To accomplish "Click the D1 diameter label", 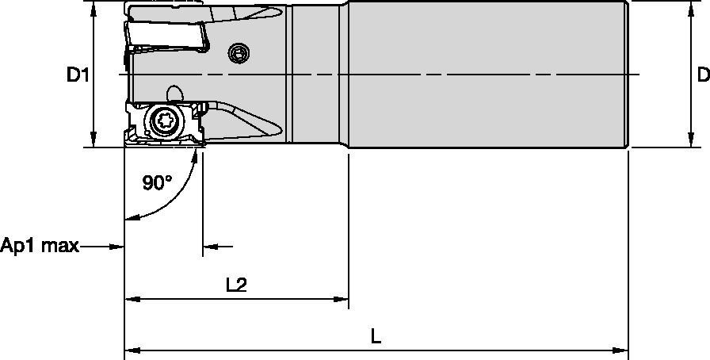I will (x=77, y=75).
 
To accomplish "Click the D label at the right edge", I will (x=702, y=75).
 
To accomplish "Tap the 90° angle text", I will (x=157, y=183).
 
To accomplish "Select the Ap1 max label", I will (x=40, y=246).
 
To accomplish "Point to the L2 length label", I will (x=235, y=285).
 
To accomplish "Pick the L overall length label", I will (x=376, y=335).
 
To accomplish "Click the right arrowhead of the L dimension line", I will (x=623, y=348).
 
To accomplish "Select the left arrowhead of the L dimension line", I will (x=131, y=348).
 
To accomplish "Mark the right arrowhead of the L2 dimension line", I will (x=342, y=299).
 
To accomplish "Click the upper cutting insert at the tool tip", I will (x=166, y=36).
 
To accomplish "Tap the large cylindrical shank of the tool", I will (x=487, y=75).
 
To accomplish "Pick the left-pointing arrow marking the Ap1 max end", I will (x=209, y=247).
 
